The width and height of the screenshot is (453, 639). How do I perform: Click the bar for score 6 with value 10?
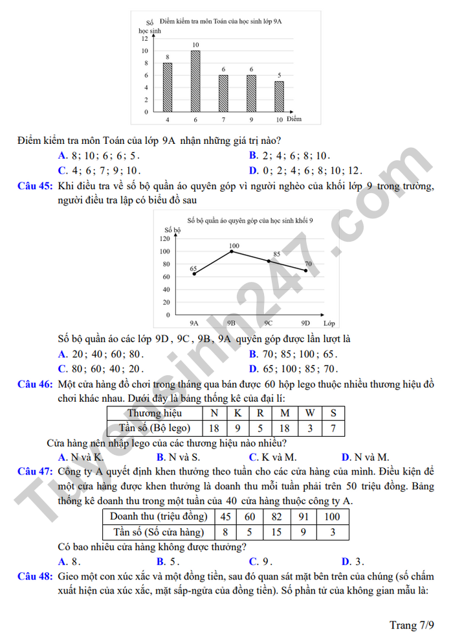pyautogui.click(x=195, y=81)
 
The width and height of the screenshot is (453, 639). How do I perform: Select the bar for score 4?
pyautogui.click(x=168, y=87)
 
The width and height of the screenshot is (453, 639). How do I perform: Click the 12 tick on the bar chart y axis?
pyautogui.click(x=144, y=39)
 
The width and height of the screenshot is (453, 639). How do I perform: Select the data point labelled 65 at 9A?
pyautogui.click(x=194, y=273)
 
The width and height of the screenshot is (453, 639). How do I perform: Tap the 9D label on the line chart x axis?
pyautogui.click(x=305, y=323)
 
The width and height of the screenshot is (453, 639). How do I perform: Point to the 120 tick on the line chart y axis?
pyautogui.click(x=164, y=238)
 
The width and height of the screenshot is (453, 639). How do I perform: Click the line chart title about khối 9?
pyautogui.click(x=250, y=220)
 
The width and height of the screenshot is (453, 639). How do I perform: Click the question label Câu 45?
pyautogui.click(x=35, y=187)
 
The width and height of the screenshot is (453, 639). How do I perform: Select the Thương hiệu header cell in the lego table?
pyautogui.click(x=154, y=413)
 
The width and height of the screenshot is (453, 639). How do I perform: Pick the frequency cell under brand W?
pyautogui.click(x=309, y=428)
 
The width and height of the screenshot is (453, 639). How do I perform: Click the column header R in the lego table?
pyautogui.click(x=260, y=413)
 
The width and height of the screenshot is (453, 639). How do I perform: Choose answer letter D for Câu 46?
pyautogui.click(x=346, y=457)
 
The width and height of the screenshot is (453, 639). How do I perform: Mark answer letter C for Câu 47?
pyautogui.click(x=253, y=561)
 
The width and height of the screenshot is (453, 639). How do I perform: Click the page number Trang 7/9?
pyautogui.click(x=412, y=625)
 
